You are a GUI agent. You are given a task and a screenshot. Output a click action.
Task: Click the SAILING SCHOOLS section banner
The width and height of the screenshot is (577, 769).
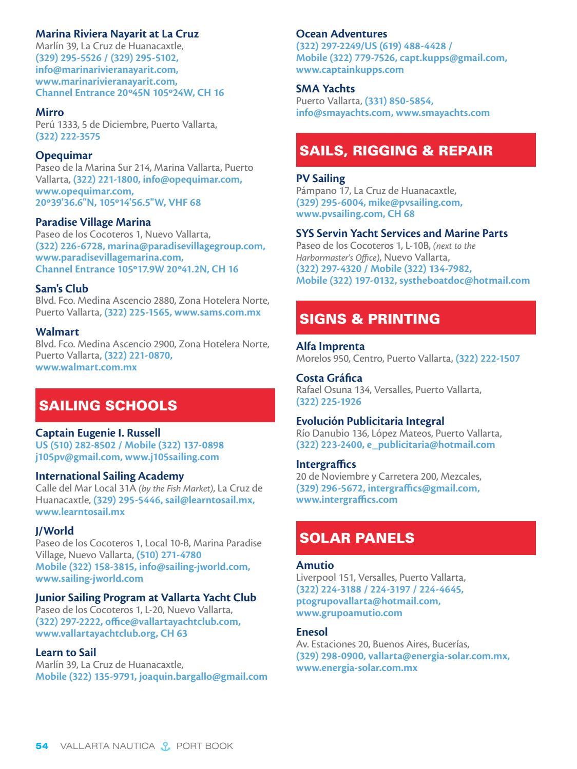click(x=155, y=405)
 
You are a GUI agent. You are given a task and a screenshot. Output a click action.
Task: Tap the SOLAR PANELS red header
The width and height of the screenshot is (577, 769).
click(x=416, y=538)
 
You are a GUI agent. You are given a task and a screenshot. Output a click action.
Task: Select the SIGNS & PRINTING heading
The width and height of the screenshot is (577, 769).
click(x=416, y=318)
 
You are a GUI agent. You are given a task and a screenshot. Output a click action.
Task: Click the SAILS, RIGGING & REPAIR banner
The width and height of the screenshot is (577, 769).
click(x=416, y=150)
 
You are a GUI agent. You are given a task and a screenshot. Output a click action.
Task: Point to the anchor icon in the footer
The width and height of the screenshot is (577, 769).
click(x=165, y=746)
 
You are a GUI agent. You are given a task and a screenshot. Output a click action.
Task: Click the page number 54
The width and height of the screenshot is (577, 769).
click(x=42, y=746)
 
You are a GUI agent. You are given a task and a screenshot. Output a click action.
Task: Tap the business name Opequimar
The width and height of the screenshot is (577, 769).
click(x=64, y=155)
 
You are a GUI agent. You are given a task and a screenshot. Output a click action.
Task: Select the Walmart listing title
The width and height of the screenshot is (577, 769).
click(x=57, y=332)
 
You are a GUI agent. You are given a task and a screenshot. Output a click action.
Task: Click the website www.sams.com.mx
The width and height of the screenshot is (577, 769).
click(x=217, y=312)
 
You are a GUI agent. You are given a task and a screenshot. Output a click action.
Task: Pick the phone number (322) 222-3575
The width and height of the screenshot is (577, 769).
click(x=68, y=136)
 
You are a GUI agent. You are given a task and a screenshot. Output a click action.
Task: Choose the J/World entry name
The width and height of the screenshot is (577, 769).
click(x=54, y=531)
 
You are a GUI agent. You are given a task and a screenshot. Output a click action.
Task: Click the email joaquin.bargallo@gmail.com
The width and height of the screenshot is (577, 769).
click(x=203, y=677)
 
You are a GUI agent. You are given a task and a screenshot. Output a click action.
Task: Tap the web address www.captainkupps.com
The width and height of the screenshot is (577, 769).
click(x=350, y=70)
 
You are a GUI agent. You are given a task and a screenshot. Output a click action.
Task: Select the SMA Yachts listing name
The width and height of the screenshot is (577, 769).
click(x=325, y=89)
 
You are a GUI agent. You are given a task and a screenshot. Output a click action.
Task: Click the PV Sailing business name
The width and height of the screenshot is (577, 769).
click(x=320, y=179)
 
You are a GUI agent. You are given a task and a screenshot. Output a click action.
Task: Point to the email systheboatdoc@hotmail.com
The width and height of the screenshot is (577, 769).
click(x=464, y=281)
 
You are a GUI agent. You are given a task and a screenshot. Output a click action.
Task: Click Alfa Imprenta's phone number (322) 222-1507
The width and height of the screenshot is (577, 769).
click(x=488, y=359)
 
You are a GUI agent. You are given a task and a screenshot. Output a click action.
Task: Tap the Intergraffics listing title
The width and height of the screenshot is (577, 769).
click(x=325, y=464)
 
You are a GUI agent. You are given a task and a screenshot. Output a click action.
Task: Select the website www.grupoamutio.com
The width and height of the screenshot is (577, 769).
click(x=349, y=613)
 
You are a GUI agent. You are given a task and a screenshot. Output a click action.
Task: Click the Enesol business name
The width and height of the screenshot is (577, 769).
click(x=312, y=632)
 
